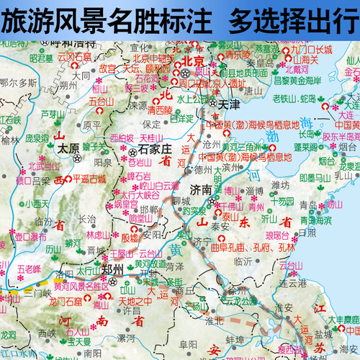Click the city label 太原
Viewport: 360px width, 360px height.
(68, 150)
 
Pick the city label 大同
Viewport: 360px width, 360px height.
(81, 75)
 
